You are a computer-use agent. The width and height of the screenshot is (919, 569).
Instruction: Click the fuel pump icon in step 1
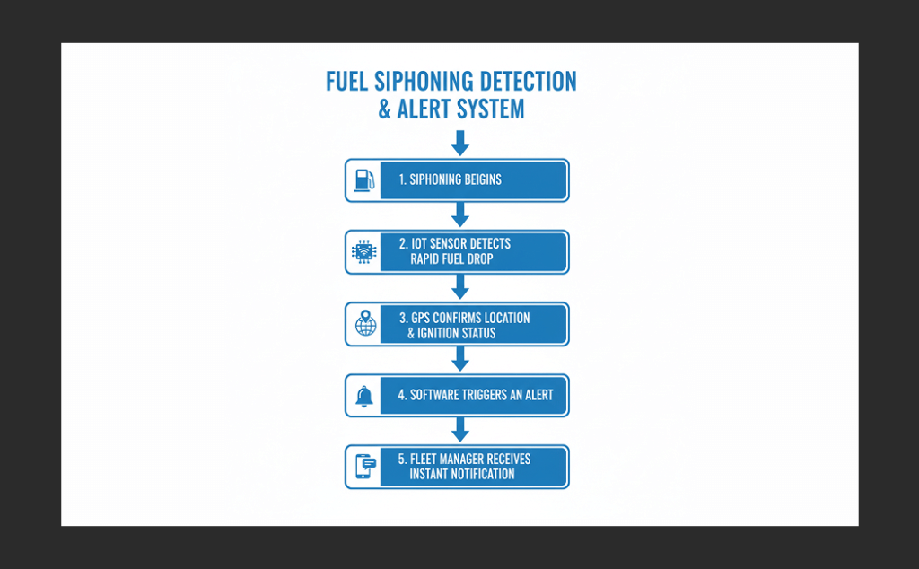[363, 179]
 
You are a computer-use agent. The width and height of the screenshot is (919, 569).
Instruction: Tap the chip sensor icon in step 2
[363, 251]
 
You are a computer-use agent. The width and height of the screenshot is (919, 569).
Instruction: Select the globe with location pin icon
[365, 324]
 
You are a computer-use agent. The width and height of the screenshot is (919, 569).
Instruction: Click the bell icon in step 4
[363, 396]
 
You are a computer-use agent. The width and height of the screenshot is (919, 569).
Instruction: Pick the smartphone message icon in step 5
[363, 467]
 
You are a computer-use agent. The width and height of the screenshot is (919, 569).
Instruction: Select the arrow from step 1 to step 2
[460, 214]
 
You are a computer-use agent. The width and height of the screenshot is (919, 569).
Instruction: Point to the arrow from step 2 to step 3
[460, 286]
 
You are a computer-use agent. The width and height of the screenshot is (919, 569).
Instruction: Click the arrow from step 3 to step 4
[460, 358]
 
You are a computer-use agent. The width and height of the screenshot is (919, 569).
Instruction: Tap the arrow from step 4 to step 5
[460, 429]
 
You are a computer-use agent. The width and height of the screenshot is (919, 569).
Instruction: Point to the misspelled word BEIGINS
[478, 179]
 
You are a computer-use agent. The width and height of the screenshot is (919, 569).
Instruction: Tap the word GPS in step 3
[421, 318]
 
